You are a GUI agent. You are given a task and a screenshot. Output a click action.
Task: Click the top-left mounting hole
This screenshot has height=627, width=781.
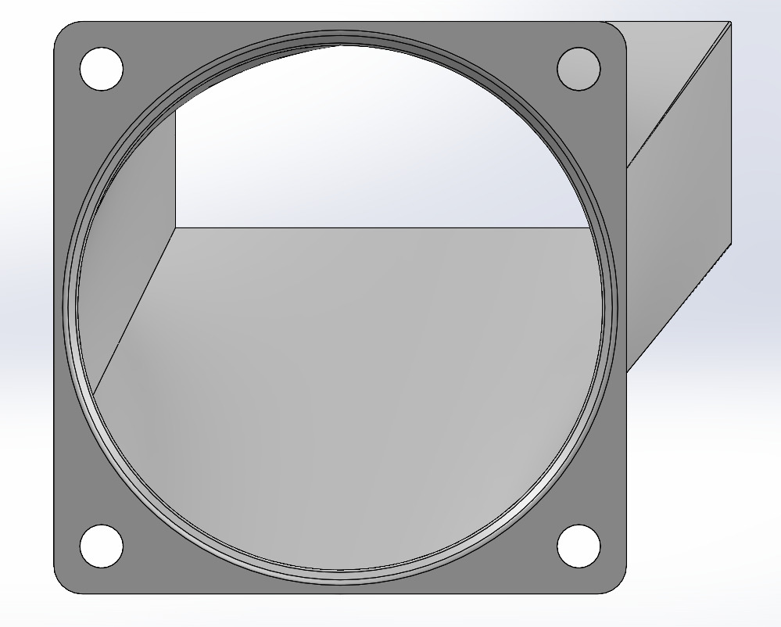pos(102,69)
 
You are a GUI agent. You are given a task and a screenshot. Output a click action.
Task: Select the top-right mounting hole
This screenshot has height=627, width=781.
pos(579,69)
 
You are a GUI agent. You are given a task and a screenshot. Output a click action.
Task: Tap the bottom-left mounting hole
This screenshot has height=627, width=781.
pos(102,546)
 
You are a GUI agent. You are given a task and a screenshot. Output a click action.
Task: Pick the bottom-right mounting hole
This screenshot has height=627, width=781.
pos(579,546)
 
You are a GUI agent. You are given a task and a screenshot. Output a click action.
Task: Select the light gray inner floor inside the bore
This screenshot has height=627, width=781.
pos(352,391)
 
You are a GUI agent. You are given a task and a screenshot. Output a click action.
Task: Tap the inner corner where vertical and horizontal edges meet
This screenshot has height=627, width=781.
pos(175,228)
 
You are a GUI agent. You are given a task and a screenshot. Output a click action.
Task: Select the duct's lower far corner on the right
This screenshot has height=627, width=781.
pos(730,244)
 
